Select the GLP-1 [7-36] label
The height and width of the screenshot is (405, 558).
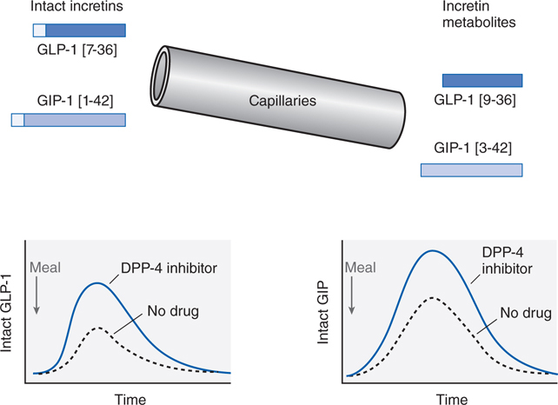pyautogui.click(x=79, y=51)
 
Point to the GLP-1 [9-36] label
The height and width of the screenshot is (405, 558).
pyautogui.click(x=479, y=101)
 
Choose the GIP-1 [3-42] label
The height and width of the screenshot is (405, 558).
pyautogui.click(x=477, y=148)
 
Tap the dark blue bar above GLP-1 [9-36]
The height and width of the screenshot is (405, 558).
pyautogui.click(x=482, y=81)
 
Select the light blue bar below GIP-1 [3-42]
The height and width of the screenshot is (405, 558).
pyautogui.click(x=472, y=170)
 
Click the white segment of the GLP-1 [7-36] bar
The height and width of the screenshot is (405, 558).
pyautogui.click(x=38, y=31)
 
